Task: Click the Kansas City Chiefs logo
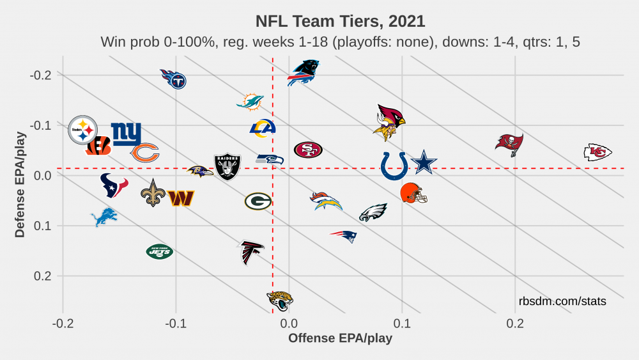[x=597, y=152]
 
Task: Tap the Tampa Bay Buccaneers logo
[x=509, y=144]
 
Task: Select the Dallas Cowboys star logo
[x=424, y=162]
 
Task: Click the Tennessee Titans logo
[x=173, y=79]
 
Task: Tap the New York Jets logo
[x=159, y=252]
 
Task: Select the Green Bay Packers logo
[x=258, y=201]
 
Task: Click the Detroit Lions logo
[x=104, y=217]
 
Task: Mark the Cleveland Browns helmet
[x=413, y=192]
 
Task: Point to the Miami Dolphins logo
[x=250, y=102]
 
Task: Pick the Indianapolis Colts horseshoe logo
[x=394, y=166]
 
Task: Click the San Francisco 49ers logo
[x=308, y=150]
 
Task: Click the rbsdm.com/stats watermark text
[x=562, y=301]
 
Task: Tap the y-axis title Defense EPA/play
[x=20, y=185]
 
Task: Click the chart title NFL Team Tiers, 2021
[x=340, y=21]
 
